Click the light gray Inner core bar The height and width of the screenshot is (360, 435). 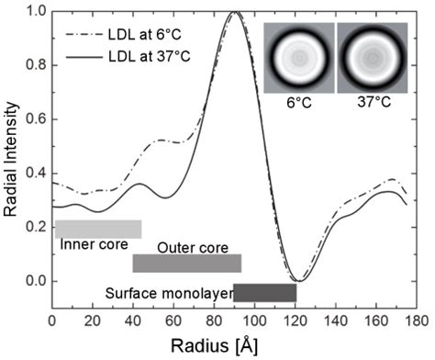(98, 229)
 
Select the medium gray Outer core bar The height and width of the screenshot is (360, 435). (186, 264)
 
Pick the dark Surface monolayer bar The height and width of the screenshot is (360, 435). (264, 293)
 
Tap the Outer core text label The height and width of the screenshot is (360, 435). (186, 248)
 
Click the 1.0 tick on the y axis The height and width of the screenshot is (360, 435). (39, 13)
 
